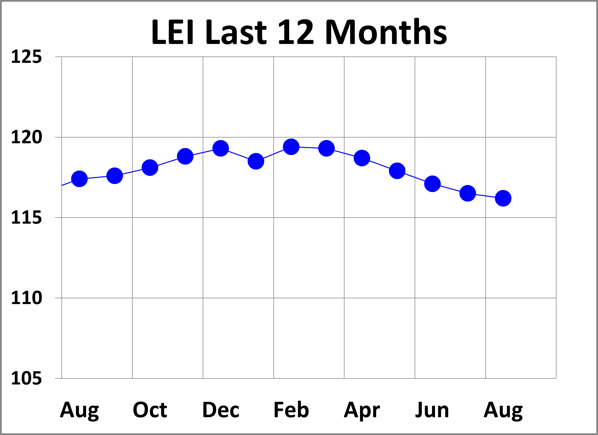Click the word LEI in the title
[x=173, y=32]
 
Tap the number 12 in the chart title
[x=296, y=32]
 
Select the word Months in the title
[x=386, y=32]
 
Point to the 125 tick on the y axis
[x=26, y=57]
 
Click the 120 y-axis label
[x=26, y=137]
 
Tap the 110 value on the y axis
[x=26, y=298]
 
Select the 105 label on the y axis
[x=26, y=379]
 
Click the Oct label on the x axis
[x=150, y=410]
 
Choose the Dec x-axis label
[x=221, y=410]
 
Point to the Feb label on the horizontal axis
[x=291, y=410]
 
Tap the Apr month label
[x=362, y=410]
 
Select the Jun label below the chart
[x=432, y=410]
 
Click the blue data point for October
[x=150, y=167]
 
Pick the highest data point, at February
[x=291, y=147]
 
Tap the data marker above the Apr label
[x=362, y=158]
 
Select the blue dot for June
[x=432, y=184]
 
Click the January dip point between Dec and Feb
[x=256, y=161]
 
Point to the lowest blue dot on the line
[x=503, y=198]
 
